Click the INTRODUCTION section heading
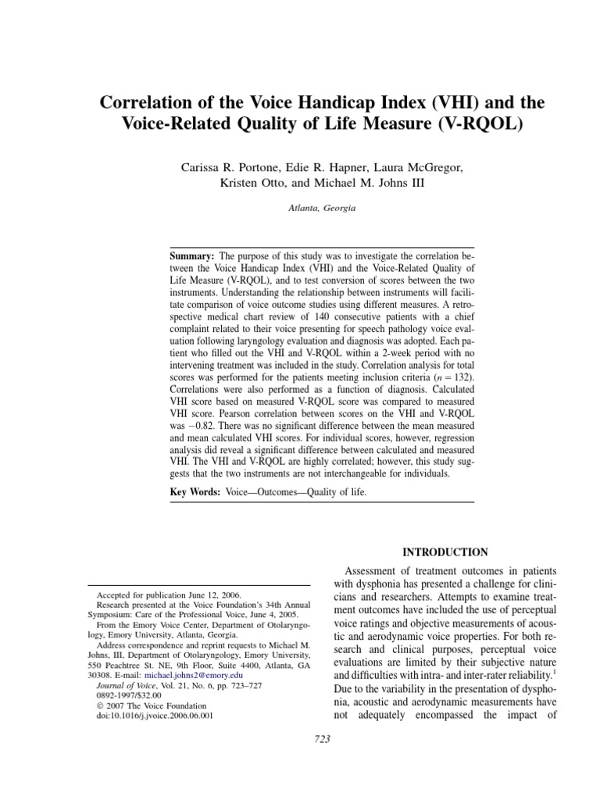tap(445, 552)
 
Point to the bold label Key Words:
tap(196, 493)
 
